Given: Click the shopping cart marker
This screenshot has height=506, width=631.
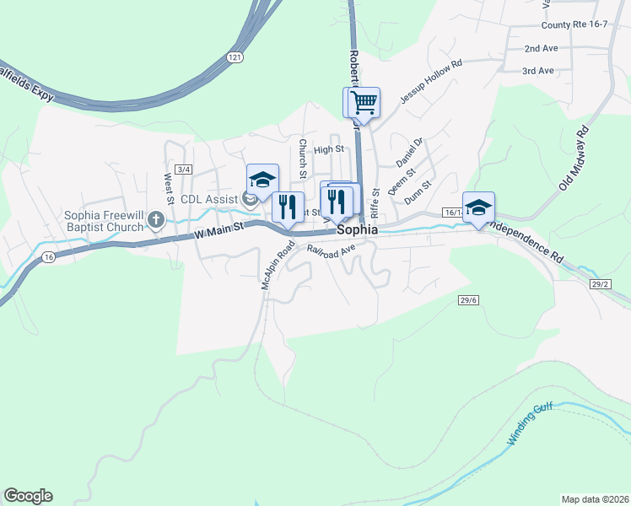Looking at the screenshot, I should (364, 103).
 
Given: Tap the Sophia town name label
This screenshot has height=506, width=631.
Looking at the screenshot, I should (358, 229).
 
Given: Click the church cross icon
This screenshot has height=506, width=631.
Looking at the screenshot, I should (155, 221).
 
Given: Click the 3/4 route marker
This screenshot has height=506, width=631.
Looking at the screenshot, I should (184, 170).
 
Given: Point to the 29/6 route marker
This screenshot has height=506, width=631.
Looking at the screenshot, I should (469, 299).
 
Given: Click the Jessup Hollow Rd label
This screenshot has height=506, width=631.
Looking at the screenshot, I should (431, 81).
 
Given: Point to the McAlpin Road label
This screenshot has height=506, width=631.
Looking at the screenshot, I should (276, 265).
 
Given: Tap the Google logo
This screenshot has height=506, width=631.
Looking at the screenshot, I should (28, 496).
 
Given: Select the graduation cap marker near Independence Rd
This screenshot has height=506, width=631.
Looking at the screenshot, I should (478, 207).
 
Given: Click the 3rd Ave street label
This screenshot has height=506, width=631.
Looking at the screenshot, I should (537, 71).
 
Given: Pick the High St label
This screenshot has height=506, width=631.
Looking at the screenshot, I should (329, 149).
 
